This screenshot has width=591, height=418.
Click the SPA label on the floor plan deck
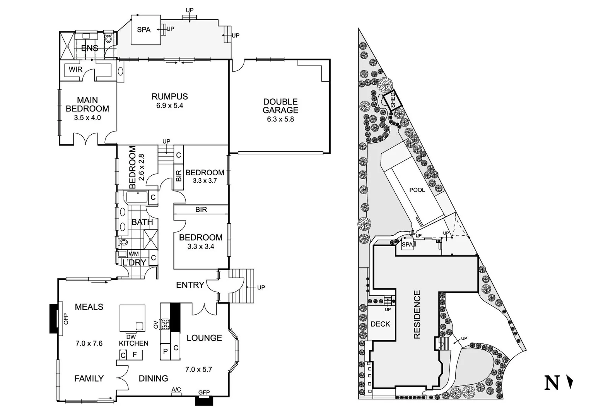143,30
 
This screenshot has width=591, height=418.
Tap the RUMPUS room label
169,96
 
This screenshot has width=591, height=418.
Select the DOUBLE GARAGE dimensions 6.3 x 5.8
280,119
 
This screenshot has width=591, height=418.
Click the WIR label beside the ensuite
75,70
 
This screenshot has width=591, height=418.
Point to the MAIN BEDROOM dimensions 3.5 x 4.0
87,118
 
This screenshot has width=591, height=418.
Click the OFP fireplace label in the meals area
65,319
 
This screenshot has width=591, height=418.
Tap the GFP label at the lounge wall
204,392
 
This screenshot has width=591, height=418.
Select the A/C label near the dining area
176,389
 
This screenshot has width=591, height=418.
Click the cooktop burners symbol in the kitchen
165,324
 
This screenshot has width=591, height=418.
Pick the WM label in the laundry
133,254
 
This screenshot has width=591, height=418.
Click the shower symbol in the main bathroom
150,239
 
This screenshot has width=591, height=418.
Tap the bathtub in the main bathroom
137,197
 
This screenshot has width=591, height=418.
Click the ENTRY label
190,285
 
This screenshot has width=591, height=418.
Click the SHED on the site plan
393,100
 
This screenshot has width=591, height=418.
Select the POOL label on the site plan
417,190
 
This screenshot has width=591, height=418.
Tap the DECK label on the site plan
380,324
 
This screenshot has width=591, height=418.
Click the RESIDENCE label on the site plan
417,314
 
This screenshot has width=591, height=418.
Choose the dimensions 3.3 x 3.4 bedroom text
200,247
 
